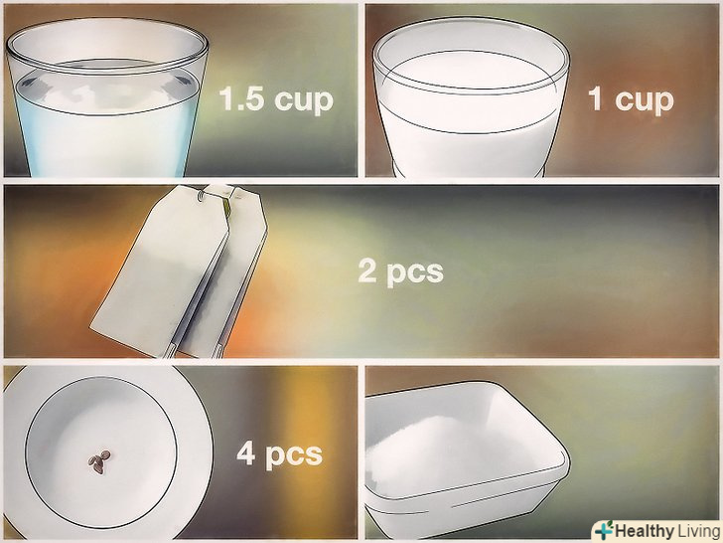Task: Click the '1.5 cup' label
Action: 276,99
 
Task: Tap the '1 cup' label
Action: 631,99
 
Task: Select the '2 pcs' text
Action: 400,271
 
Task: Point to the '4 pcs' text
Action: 279,454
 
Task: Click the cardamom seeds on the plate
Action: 99,462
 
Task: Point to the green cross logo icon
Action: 604,530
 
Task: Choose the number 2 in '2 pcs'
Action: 367,271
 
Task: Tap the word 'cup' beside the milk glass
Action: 645,100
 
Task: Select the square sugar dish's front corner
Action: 565,461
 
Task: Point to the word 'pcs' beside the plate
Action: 294,456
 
